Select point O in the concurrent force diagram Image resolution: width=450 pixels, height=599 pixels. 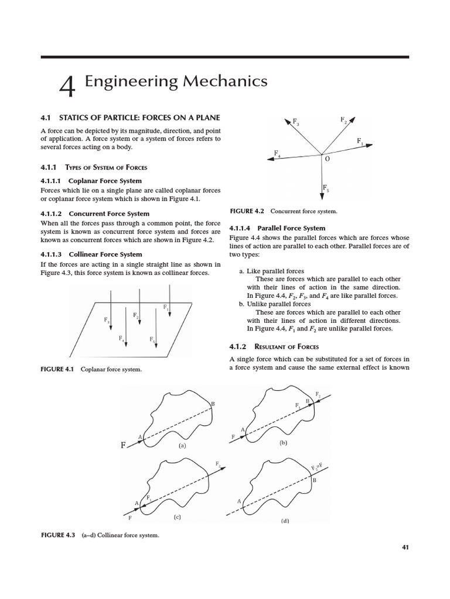pyautogui.click(x=327, y=159)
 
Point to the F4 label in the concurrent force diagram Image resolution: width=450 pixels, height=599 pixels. pyautogui.click(x=277, y=154)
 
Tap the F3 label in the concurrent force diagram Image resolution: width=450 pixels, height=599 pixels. pyautogui.click(x=296, y=123)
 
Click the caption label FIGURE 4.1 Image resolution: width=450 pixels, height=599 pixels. pyautogui.click(x=58, y=370)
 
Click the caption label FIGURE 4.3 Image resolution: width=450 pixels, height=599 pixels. pyautogui.click(x=58, y=535)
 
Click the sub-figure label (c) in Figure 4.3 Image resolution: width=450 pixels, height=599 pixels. pyautogui.click(x=176, y=517)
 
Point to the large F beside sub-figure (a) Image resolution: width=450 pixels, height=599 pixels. pyautogui.click(x=123, y=445)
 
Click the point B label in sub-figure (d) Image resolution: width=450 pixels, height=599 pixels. pyautogui.click(x=314, y=480)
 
